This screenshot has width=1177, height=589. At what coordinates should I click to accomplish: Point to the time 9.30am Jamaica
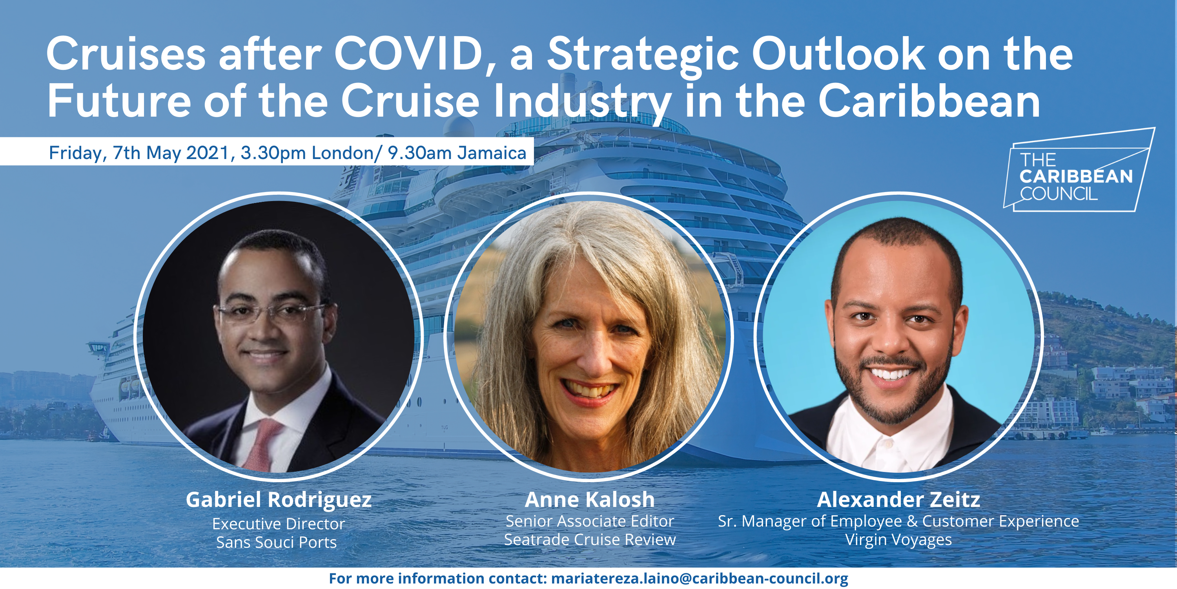pyautogui.click(x=457, y=153)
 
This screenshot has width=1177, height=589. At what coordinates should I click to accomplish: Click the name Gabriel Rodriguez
pyautogui.click(x=278, y=500)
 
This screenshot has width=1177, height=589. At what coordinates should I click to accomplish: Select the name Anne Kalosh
pyautogui.click(x=589, y=499)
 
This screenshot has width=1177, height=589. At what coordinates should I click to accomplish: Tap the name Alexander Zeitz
pyautogui.click(x=898, y=499)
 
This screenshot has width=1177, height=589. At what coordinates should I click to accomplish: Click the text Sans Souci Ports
pyautogui.click(x=277, y=542)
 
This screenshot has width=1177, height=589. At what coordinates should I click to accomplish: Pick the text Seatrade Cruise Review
pyautogui.click(x=590, y=540)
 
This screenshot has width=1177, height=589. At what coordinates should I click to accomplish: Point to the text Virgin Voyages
pyautogui.click(x=898, y=540)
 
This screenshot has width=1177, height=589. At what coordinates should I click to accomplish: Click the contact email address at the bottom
pyautogui.click(x=700, y=578)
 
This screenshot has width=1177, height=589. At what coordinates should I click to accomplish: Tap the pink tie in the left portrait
pyautogui.click(x=264, y=444)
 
